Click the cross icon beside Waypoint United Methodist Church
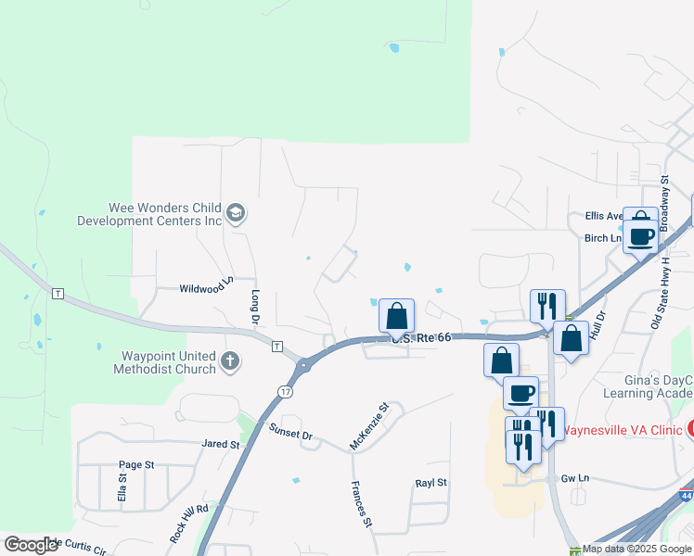click(x=229, y=360)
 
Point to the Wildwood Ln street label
click(x=204, y=287)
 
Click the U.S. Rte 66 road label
click(x=422, y=338)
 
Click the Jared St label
click(x=221, y=445)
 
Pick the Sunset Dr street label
click(x=291, y=433)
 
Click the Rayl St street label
click(x=431, y=483)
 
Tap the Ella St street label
click(x=122, y=488)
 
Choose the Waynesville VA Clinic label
click(x=622, y=429)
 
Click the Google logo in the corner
click(x=30, y=545)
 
